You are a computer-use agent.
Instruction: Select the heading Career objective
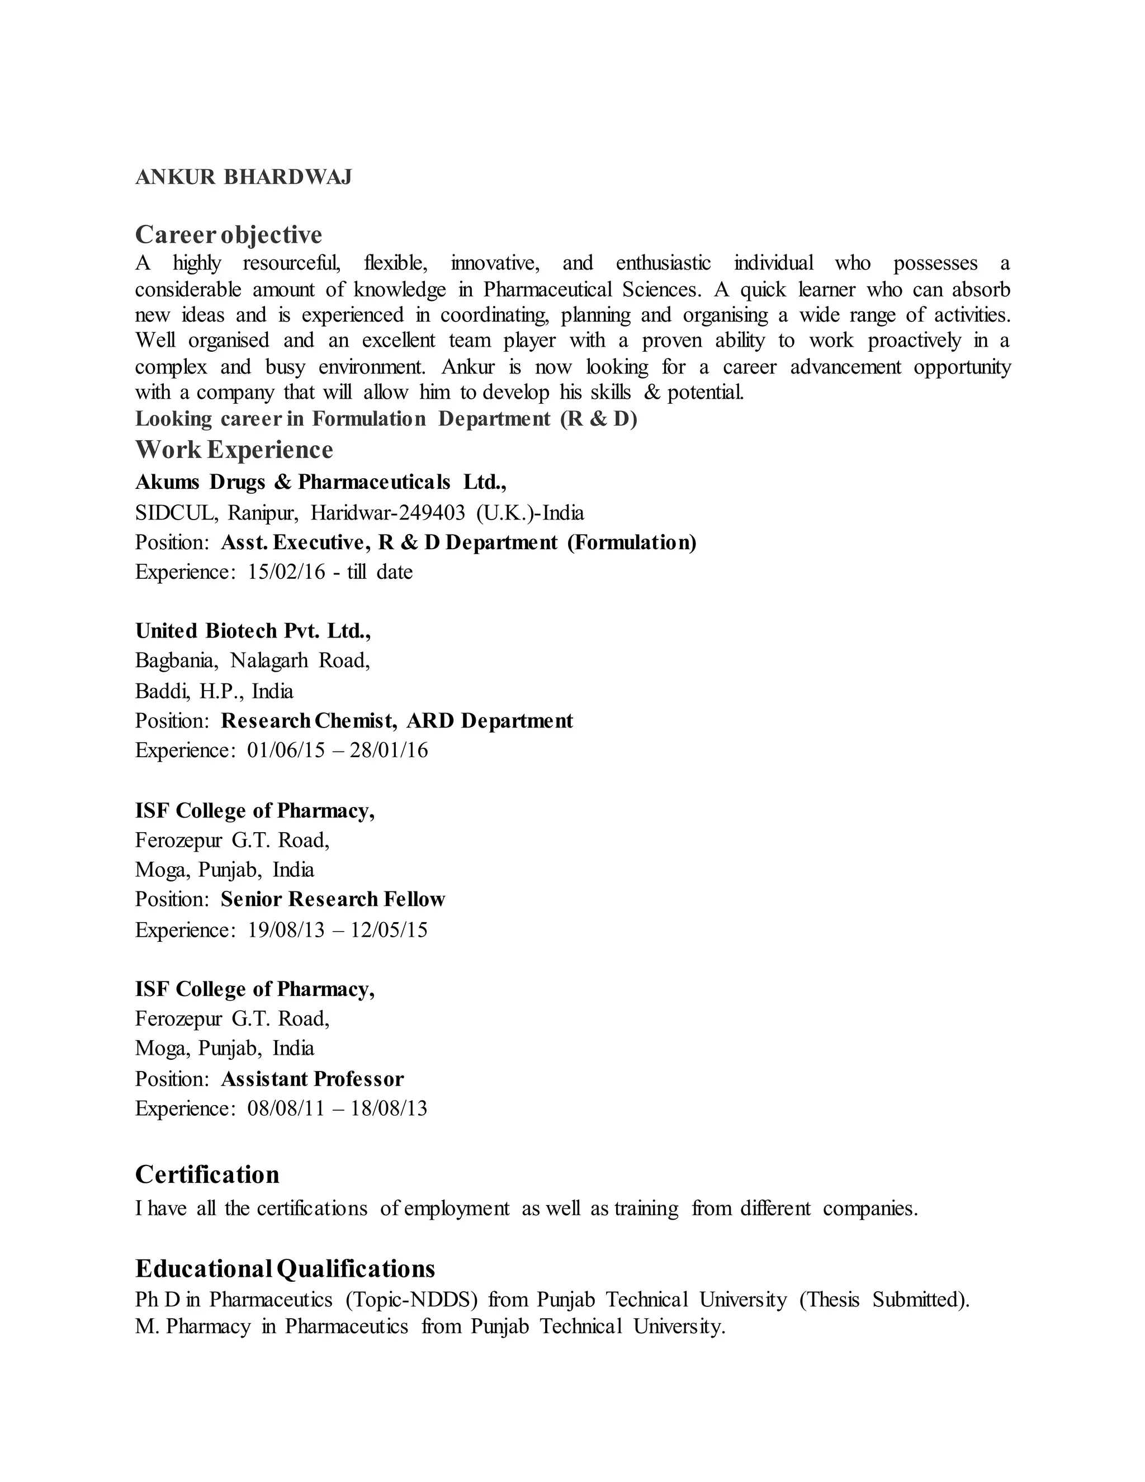click(x=229, y=235)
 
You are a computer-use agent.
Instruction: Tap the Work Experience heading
click(x=234, y=449)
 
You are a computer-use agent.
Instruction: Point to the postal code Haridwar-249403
click(x=388, y=512)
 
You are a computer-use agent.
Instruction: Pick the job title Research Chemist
click(x=308, y=721)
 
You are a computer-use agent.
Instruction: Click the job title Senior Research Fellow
click(x=333, y=899)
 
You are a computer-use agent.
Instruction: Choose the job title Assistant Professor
click(x=312, y=1079)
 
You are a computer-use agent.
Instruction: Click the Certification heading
click(x=207, y=1174)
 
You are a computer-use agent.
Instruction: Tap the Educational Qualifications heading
click(x=285, y=1268)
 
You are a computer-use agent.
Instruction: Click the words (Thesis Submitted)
click(x=884, y=1300)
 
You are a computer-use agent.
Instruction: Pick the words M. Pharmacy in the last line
click(x=193, y=1327)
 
